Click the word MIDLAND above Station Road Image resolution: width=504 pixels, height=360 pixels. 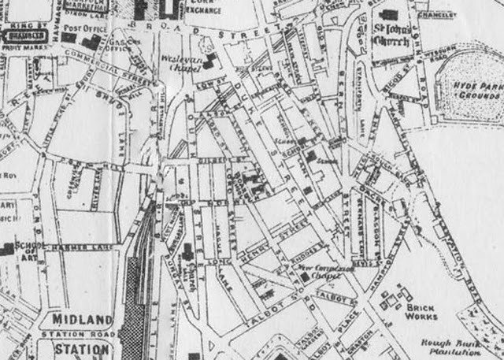[x=83, y=321]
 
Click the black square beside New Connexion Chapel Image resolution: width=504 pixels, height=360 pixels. [x=304, y=277]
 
